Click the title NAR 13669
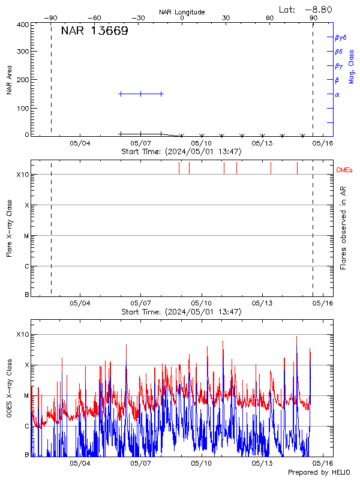94,31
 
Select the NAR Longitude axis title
182,11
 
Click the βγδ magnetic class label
340,37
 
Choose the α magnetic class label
337,94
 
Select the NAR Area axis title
10,80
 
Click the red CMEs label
346,170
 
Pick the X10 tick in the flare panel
22,175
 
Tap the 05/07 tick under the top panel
140,143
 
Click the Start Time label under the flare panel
181,312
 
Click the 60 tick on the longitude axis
270,18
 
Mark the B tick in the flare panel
26,295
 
